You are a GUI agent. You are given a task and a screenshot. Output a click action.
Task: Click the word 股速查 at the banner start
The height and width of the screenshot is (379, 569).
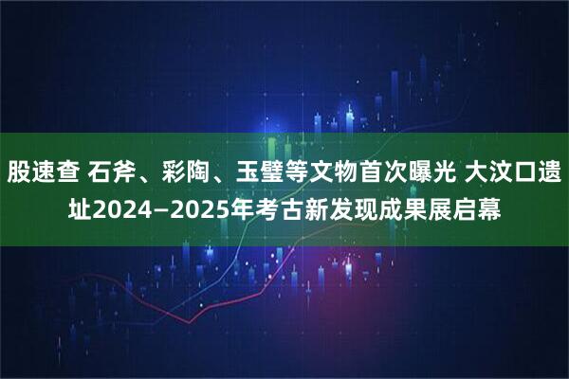pyautogui.click(x=45, y=172)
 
